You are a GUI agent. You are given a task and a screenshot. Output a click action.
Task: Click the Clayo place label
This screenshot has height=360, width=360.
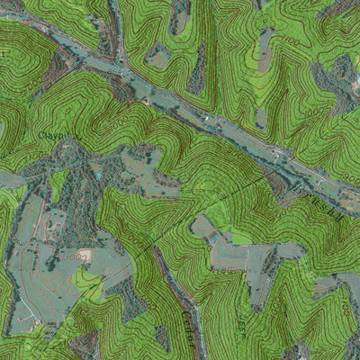coord(54,135)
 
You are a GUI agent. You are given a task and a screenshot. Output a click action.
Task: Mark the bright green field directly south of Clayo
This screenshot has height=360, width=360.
coord(59,184)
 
